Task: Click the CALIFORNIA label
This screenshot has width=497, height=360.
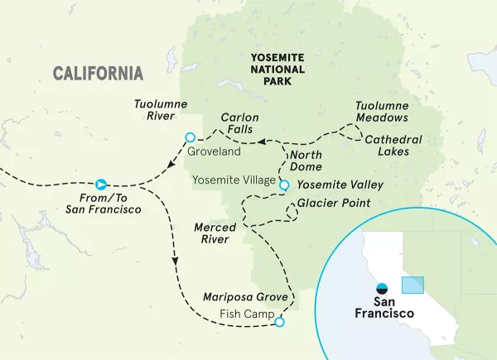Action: tap(98, 73)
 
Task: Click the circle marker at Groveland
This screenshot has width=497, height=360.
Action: tap(190, 137)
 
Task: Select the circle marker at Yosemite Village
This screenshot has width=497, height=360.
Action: tap(284, 185)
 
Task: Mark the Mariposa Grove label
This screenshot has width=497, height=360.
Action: tap(246, 296)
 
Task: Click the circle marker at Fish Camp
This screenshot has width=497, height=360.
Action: tap(278, 323)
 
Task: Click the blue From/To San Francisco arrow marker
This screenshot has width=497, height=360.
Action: tap(100, 184)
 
